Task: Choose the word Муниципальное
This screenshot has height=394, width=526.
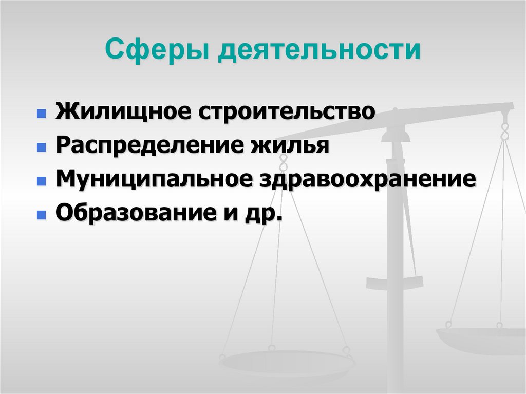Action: point(150,180)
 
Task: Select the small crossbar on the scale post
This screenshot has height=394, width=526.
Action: point(394,282)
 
